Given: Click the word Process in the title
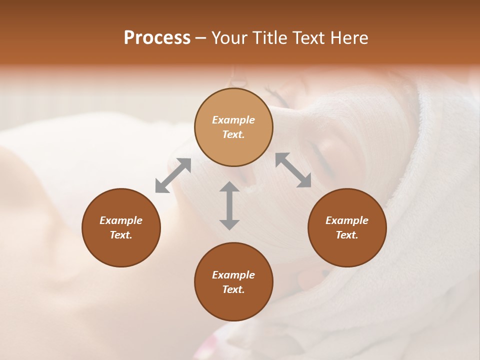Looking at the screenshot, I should point(157,38).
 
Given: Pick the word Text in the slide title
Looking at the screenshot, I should point(311,38).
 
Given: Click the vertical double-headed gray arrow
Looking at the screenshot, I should point(229,205).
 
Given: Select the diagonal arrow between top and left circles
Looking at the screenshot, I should point(173,175).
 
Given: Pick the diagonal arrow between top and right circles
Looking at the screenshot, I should point(293,170).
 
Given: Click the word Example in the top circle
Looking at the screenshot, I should point(233,120).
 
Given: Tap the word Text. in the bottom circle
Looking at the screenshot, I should point(233,289).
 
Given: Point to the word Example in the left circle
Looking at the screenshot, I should point(121,220).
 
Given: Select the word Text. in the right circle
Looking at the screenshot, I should point(347,235).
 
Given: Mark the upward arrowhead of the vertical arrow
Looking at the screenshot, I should point(229,187).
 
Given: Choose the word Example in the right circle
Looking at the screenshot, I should point(347,220).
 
